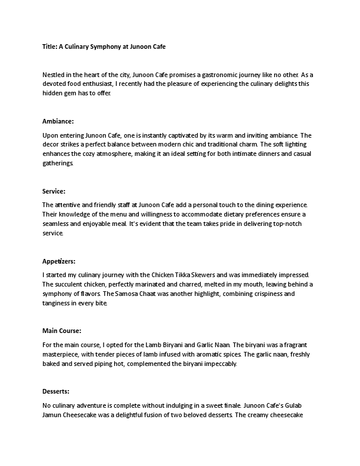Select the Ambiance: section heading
click(x=58, y=121)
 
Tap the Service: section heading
click(x=54, y=191)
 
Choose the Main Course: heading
click(x=62, y=330)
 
